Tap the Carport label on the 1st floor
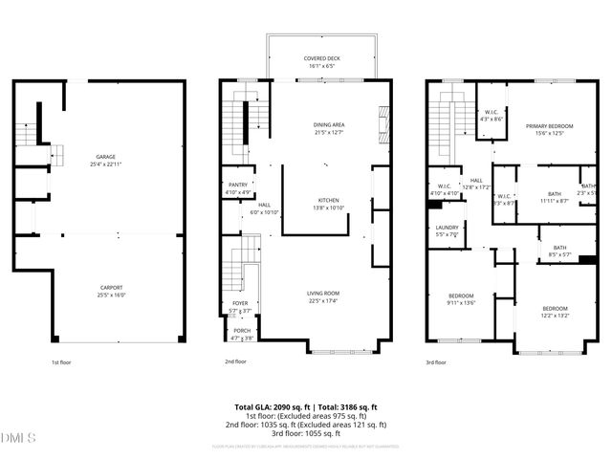point(111,290)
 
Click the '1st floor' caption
point(62,362)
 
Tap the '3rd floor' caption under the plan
point(435,362)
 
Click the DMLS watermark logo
point(19,439)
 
